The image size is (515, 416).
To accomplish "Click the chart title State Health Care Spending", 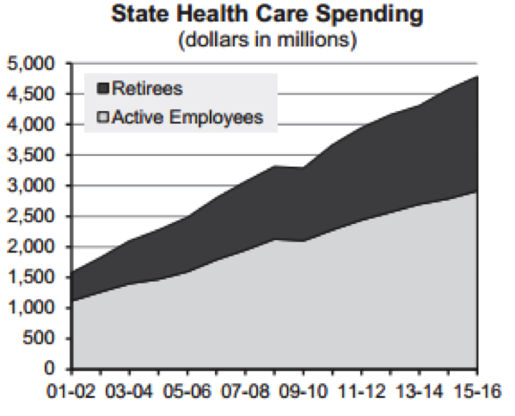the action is pyautogui.click(x=267, y=15).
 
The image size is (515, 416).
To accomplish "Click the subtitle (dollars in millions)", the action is pyautogui.click(x=267, y=40).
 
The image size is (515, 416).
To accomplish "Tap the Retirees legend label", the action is pyautogui.click(x=147, y=89).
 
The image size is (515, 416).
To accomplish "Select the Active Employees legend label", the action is pyautogui.click(x=187, y=117).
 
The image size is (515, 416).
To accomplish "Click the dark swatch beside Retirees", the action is pyautogui.click(x=103, y=89).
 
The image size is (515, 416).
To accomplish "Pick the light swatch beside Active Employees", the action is pyautogui.click(x=103, y=117).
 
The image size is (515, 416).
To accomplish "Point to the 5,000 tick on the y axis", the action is pyautogui.click(x=30, y=63).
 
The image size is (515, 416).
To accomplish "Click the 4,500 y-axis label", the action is pyautogui.click(x=30, y=94).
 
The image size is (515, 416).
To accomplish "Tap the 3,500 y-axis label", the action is pyautogui.click(x=30, y=155).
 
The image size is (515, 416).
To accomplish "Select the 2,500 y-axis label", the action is pyautogui.click(x=30, y=216).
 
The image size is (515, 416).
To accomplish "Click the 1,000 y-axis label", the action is pyautogui.click(x=30, y=307).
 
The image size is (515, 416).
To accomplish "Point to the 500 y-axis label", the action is pyautogui.click(x=38, y=338).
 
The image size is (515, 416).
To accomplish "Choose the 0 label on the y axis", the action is pyautogui.click(x=49, y=368).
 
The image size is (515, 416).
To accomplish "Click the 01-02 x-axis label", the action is pyautogui.click(x=71, y=392).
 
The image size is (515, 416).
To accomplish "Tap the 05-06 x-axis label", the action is pyautogui.click(x=187, y=392).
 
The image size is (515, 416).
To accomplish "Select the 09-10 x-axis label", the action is pyautogui.click(x=303, y=392).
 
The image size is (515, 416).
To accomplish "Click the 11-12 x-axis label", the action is pyautogui.click(x=361, y=392).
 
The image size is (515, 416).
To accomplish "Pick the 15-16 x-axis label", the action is pyautogui.click(x=477, y=392).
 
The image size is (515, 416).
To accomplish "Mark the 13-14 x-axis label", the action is pyautogui.click(x=420, y=392).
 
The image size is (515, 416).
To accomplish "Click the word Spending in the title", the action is pyautogui.click(x=369, y=16).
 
